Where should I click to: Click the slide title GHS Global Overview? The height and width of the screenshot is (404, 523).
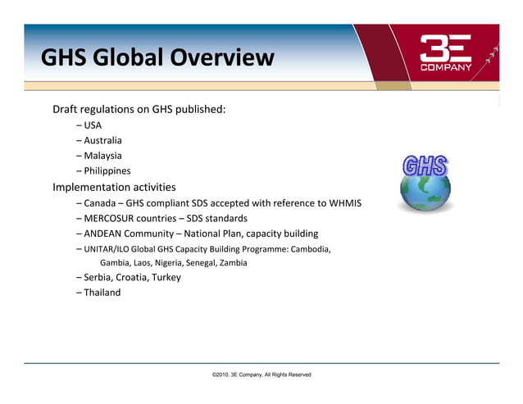point(157,58)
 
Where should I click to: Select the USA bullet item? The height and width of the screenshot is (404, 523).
point(92,125)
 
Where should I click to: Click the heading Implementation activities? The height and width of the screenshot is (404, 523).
point(114,186)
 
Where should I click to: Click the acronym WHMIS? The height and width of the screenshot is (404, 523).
point(344,202)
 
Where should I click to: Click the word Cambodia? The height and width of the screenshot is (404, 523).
point(309,249)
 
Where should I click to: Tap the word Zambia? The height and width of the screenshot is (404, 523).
point(232,263)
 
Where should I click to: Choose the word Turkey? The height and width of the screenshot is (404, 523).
point(165,277)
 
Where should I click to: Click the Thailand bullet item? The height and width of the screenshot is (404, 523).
point(102,293)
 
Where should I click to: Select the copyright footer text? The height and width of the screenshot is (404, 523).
point(261,374)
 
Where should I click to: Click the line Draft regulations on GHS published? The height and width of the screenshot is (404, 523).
point(139,109)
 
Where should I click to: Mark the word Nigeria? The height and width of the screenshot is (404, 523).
point(171,263)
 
